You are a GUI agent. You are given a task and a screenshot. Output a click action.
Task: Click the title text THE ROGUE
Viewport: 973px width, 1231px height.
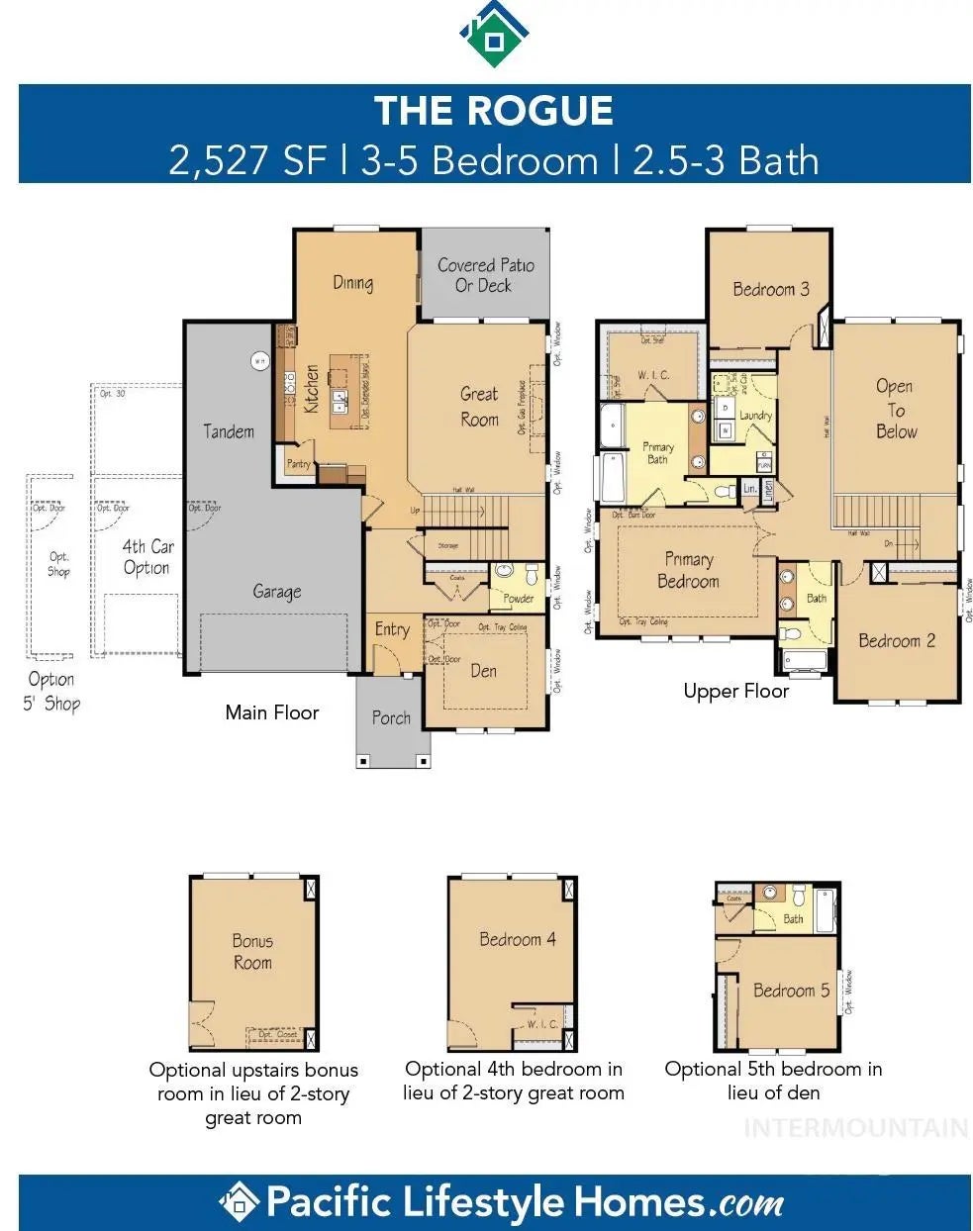pos(493,111)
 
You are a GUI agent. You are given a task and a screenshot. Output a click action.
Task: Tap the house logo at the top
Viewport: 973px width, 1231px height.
pos(494,34)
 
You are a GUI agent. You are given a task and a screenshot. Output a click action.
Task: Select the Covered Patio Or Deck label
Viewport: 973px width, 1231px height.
pos(485,275)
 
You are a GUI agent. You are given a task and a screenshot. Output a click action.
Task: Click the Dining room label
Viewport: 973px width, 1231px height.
pos(352,283)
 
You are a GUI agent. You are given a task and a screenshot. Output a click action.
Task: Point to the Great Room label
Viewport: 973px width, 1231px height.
pos(479,407)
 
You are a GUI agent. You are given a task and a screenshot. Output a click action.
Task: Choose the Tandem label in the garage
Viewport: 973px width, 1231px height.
pos(229,431)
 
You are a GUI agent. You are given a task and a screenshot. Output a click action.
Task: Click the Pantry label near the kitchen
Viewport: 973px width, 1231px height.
pos(298,463)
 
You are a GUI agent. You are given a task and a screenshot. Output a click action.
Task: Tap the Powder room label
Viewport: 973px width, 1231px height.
pos(518,598)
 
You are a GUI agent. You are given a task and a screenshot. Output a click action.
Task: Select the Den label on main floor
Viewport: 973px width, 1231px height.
pos(483,671)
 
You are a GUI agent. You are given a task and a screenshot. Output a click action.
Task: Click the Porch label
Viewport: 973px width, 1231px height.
pos(391,718)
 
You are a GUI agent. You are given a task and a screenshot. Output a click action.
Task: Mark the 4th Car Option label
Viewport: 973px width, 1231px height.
pos(147,557)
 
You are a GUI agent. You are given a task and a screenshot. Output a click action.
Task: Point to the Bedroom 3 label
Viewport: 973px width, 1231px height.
pos(770,289)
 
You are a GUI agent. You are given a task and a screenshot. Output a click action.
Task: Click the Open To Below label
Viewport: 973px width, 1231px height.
pos(895,409)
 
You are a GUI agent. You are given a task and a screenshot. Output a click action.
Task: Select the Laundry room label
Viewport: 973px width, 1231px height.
pos(755,416)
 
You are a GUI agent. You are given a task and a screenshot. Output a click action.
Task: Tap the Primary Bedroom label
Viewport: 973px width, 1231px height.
pos(688,570)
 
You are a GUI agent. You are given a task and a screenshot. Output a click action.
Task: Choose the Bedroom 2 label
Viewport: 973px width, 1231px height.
pos(896,640)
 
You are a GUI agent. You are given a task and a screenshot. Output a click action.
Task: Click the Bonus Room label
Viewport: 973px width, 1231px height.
pos(252,951)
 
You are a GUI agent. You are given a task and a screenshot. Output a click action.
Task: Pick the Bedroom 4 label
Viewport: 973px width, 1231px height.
pos(517,939)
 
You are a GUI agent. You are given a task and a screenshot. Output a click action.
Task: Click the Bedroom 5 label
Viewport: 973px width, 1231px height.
pos(791,991)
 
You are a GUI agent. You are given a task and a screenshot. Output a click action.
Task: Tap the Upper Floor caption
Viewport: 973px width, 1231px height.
pos(735,691)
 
